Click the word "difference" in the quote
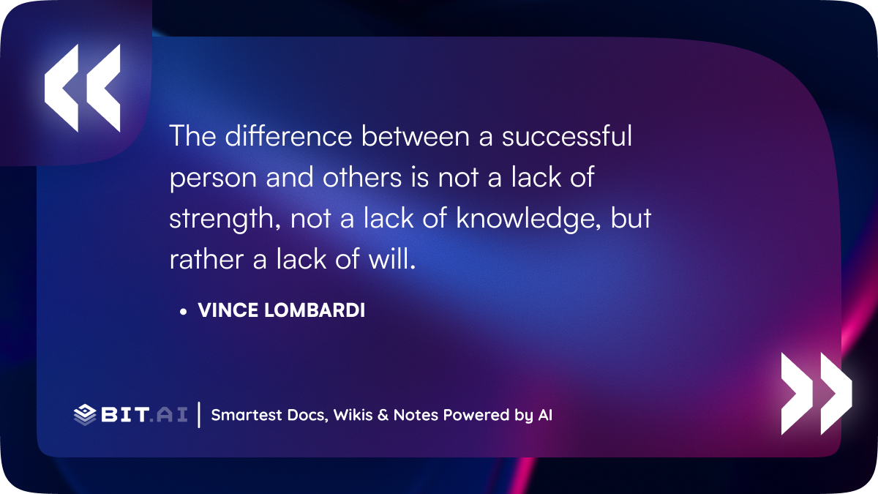(288, 136)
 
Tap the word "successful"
(567, 136)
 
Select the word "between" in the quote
(415, 136)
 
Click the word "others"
(362, 177)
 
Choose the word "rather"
(206, 259)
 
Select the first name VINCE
(228, 310)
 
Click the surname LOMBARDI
(315, 310)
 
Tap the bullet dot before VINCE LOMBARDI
(183, 312)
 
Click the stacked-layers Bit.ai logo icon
(85, 415)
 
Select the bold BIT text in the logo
(124, 414)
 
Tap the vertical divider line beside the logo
(199, 415)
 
